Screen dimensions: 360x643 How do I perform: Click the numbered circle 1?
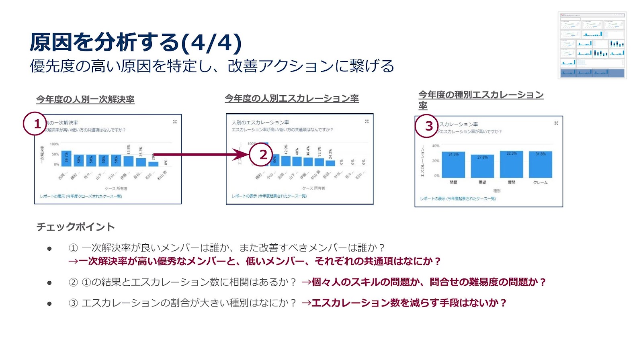[x=35, y=124]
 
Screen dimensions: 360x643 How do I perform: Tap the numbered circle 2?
[x=261, y=154]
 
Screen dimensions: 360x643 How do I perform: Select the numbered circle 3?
[x=427, y=126]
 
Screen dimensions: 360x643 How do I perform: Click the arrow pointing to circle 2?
[x=201, y=154]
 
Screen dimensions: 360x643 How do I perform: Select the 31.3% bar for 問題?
[x=453, y=165]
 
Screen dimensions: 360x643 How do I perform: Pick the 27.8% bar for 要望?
[x=482, y=166]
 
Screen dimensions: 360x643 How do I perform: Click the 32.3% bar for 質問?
[x=511, y=164]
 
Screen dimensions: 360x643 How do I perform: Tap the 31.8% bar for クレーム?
[x=541, y=165]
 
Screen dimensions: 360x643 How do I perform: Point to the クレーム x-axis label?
[x=541, y=182]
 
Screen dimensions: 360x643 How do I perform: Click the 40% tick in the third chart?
[x=436, y=146]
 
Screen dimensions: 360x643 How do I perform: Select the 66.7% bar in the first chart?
[x=66, y=158]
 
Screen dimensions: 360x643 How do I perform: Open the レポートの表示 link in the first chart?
[x=81, y=196]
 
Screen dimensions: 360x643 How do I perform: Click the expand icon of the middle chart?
[x=367, y=121]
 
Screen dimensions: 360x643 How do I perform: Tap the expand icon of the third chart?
[x=556, y=123]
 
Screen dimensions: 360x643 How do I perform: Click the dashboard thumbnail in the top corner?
[x=592, y=45]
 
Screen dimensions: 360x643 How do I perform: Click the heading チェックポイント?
[x=76, y=227]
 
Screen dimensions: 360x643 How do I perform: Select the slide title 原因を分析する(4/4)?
[x=136, y=42]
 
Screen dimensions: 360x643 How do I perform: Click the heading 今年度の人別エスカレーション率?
[x=292, y=98]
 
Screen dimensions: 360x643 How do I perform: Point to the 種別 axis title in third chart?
[x=497, y=191]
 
